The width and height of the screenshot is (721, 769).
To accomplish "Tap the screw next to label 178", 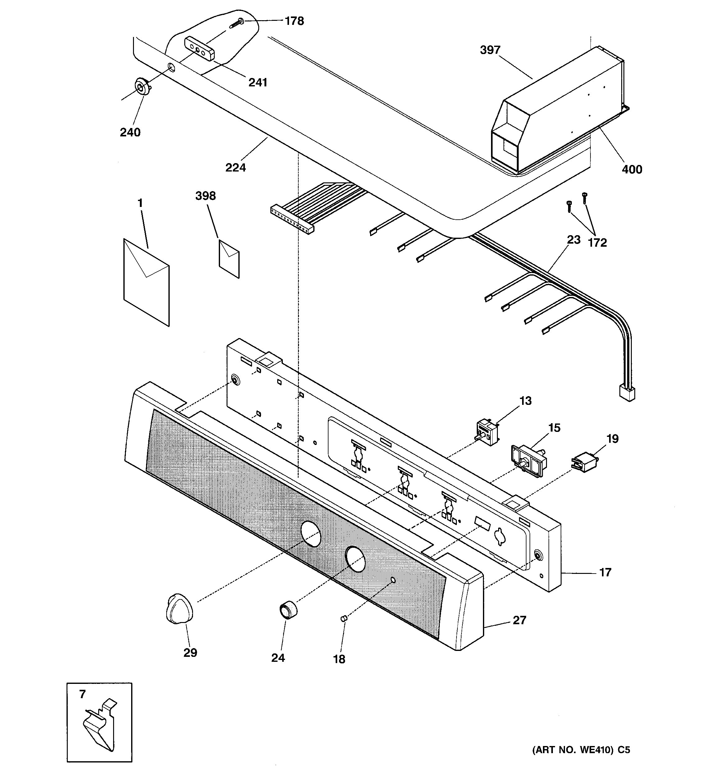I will click(x=237, y=22).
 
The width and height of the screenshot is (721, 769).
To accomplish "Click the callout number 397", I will click(x=490, y=50).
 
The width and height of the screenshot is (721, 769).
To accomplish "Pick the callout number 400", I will click(x=631, y=169).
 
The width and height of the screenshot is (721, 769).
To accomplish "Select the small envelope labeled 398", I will click(x=229, y=259).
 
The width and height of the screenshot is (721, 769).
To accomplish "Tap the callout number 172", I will click(x=597, y=243).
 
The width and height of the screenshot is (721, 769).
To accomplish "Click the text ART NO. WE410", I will click(x=573, y=750).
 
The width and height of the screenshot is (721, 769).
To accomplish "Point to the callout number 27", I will click(x=519, y=620).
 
